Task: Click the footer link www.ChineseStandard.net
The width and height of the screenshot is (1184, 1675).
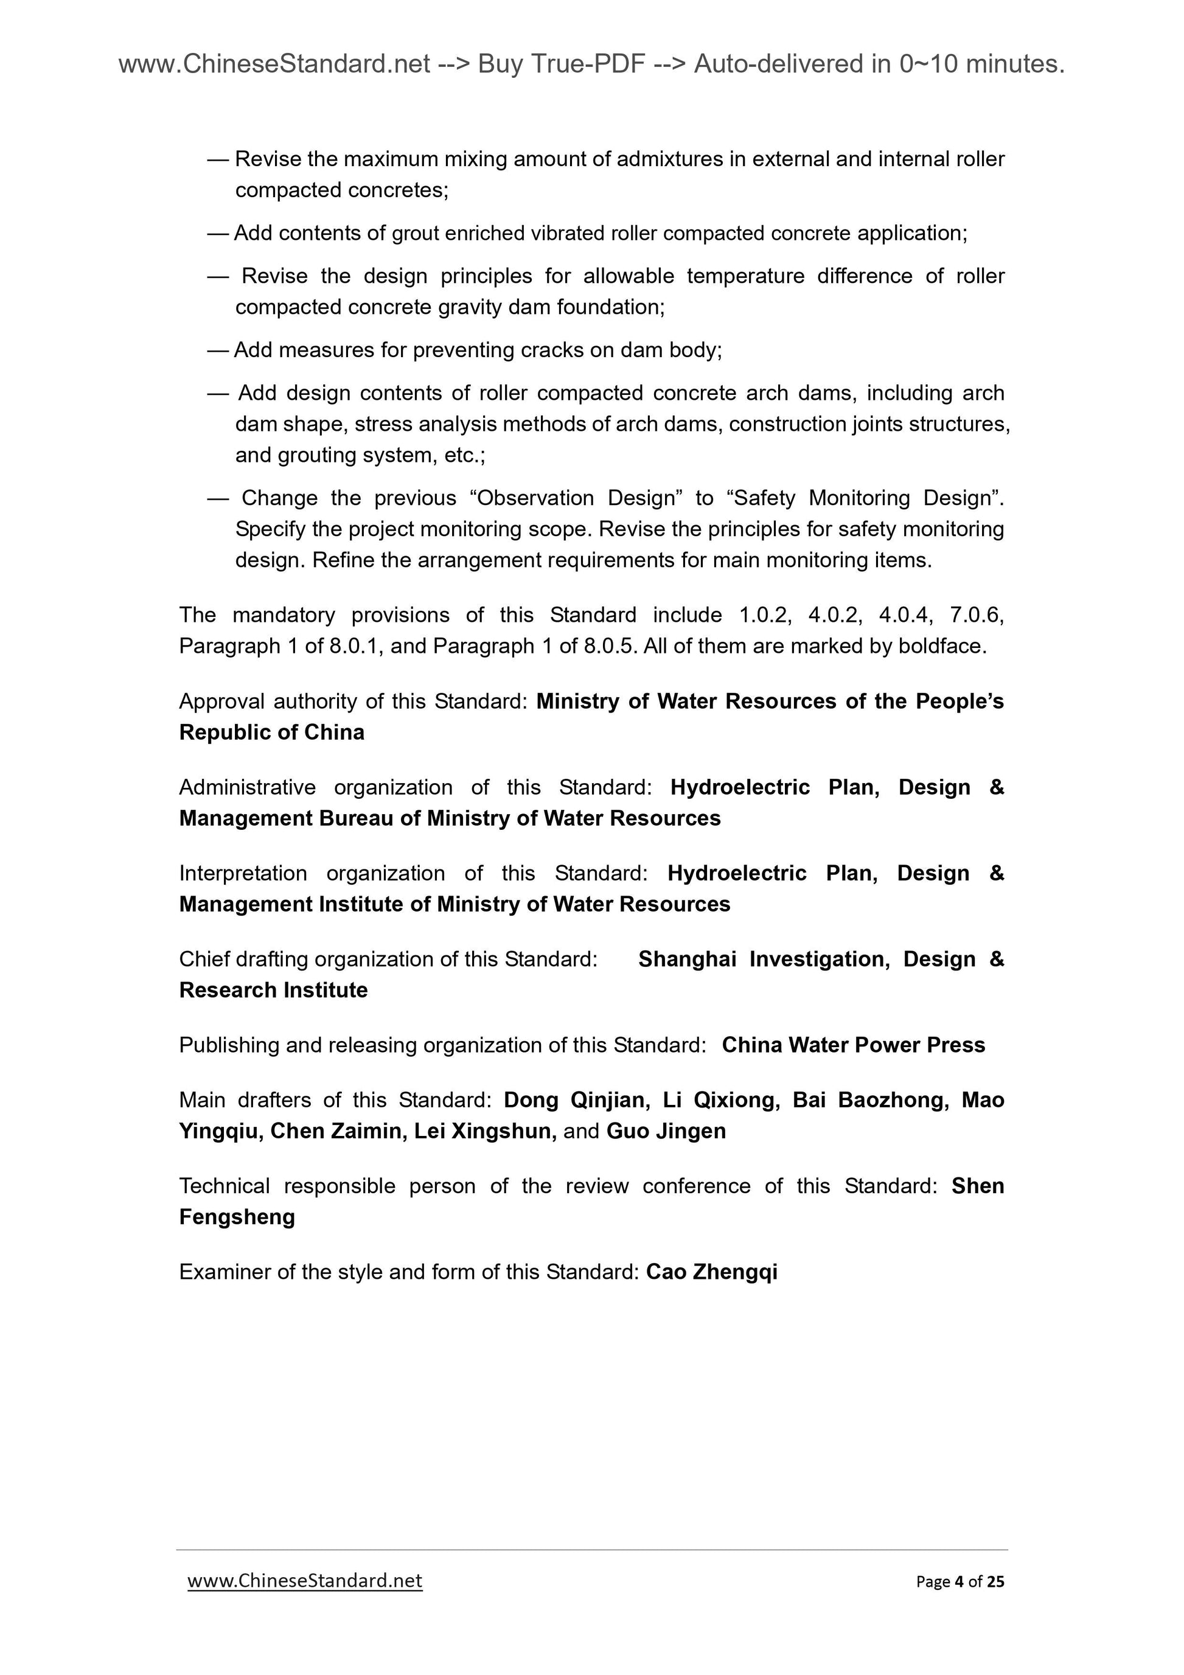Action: (305, 1580)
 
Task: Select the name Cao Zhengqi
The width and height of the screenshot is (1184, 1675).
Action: (711, 1272)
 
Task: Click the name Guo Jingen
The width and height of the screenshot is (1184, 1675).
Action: (666, 1131)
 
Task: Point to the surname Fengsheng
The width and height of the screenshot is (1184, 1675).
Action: (237, 1217)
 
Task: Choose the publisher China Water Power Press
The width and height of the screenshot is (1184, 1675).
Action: (853, 1045)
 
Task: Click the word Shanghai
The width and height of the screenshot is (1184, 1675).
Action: (686, 959)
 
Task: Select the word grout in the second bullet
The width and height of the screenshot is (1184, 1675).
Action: (415, 234)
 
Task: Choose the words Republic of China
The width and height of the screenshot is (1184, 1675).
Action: (271, 733)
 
